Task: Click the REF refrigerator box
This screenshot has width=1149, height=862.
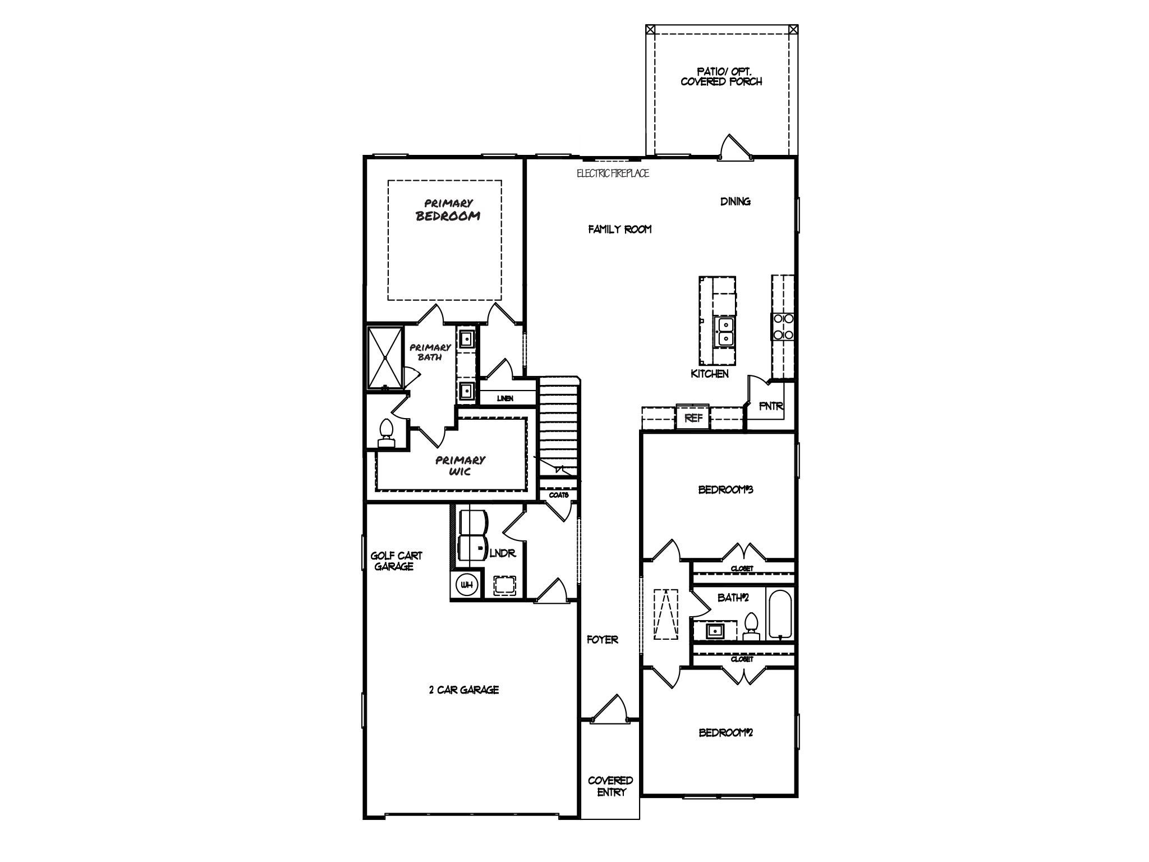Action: click(x=693, y=417)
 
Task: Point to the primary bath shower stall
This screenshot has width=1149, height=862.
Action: click(x=385, y=357)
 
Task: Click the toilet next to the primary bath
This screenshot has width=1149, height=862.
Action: click(x=386, y=433)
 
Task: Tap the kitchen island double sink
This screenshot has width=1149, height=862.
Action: click(x=725, y=332)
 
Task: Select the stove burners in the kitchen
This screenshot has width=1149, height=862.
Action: click(x=783, y=326)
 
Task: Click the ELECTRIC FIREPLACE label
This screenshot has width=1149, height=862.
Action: click(x=613, y=173)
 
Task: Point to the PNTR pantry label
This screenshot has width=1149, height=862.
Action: click(x=771, y=406)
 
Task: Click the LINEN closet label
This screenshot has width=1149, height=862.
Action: click(x=505, y=398)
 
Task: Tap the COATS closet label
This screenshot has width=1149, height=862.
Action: click(x=559, y=495)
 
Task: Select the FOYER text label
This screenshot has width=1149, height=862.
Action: click(x=603, y=639)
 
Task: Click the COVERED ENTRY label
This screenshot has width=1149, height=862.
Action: click(x=610, y=786)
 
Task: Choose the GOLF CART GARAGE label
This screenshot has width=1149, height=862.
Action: click(x=396, y=561)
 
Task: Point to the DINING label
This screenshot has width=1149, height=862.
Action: click(x=736, y=201)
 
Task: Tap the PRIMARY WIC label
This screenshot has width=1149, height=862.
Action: click(x=460, y=466)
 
